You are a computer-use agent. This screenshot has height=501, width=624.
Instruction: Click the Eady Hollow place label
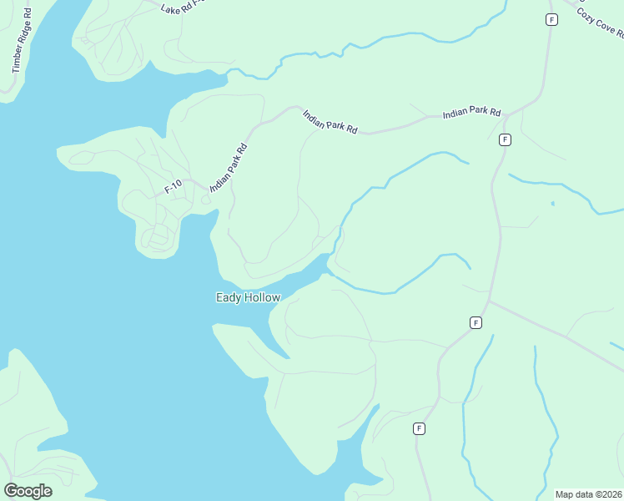249,297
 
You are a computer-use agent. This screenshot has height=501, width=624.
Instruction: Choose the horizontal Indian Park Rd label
471,112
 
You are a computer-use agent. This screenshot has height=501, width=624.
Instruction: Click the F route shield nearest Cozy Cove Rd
551,19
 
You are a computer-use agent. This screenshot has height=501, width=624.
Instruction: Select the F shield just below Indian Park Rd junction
505,139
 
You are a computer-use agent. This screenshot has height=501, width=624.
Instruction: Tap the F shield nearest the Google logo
419,429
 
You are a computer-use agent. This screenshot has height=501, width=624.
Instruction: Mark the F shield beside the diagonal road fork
476,322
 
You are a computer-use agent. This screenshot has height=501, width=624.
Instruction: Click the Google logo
28,491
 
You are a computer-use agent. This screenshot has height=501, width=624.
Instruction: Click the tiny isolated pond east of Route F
552,203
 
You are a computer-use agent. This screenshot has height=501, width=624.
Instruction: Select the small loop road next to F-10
206,199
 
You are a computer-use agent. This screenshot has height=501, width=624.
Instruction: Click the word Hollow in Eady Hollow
263,297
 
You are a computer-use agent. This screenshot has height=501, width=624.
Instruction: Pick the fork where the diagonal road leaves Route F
490,301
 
